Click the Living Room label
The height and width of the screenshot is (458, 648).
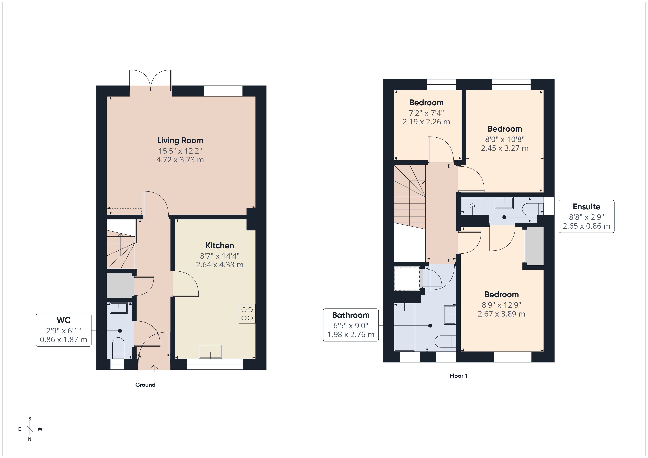(180, 140)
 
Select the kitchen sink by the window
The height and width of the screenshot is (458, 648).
(210, 352)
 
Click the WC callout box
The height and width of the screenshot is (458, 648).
(64, 330)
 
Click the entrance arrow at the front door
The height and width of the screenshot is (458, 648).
(154, 368)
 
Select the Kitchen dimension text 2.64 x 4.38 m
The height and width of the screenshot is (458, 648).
(219, 265)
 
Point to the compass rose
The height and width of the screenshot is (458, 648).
(30, 429)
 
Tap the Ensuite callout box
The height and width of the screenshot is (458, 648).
(586, 216)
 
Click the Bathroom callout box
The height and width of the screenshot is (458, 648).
(350, 325)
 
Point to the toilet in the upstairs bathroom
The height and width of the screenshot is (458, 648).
(445, 341)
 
